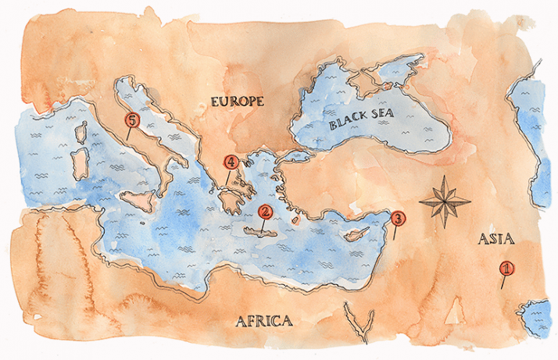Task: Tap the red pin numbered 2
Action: pyautogui.click(x=265, y=211)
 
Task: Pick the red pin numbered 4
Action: pyautogui.click(x=230, y=163)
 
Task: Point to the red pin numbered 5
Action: pyautogui.click(x=131, y=120)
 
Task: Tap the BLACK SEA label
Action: pyautogui.click(x=362, y=120)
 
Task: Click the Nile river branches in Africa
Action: pyautogui.click(x=357, y=315)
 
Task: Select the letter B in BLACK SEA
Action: pyautogui.click(x=332, y=125)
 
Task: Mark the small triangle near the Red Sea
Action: pyautogui.click(x=452, y=312)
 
